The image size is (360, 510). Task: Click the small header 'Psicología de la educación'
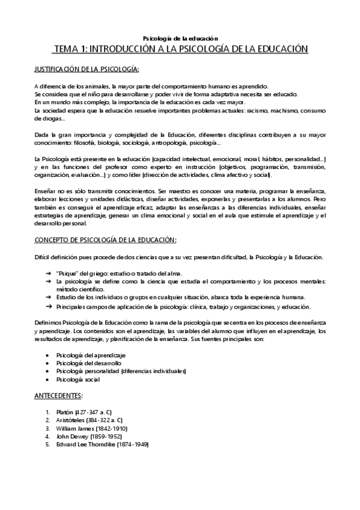pyautogui.click(x=180, y=37)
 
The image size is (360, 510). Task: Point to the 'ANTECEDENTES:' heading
pyautogui.click(x=59, y=396)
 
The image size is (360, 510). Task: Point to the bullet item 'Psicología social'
pyautogui.click(x=78, y=380)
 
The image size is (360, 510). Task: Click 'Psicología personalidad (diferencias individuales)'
pyautogui.click(x=121, y=372)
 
